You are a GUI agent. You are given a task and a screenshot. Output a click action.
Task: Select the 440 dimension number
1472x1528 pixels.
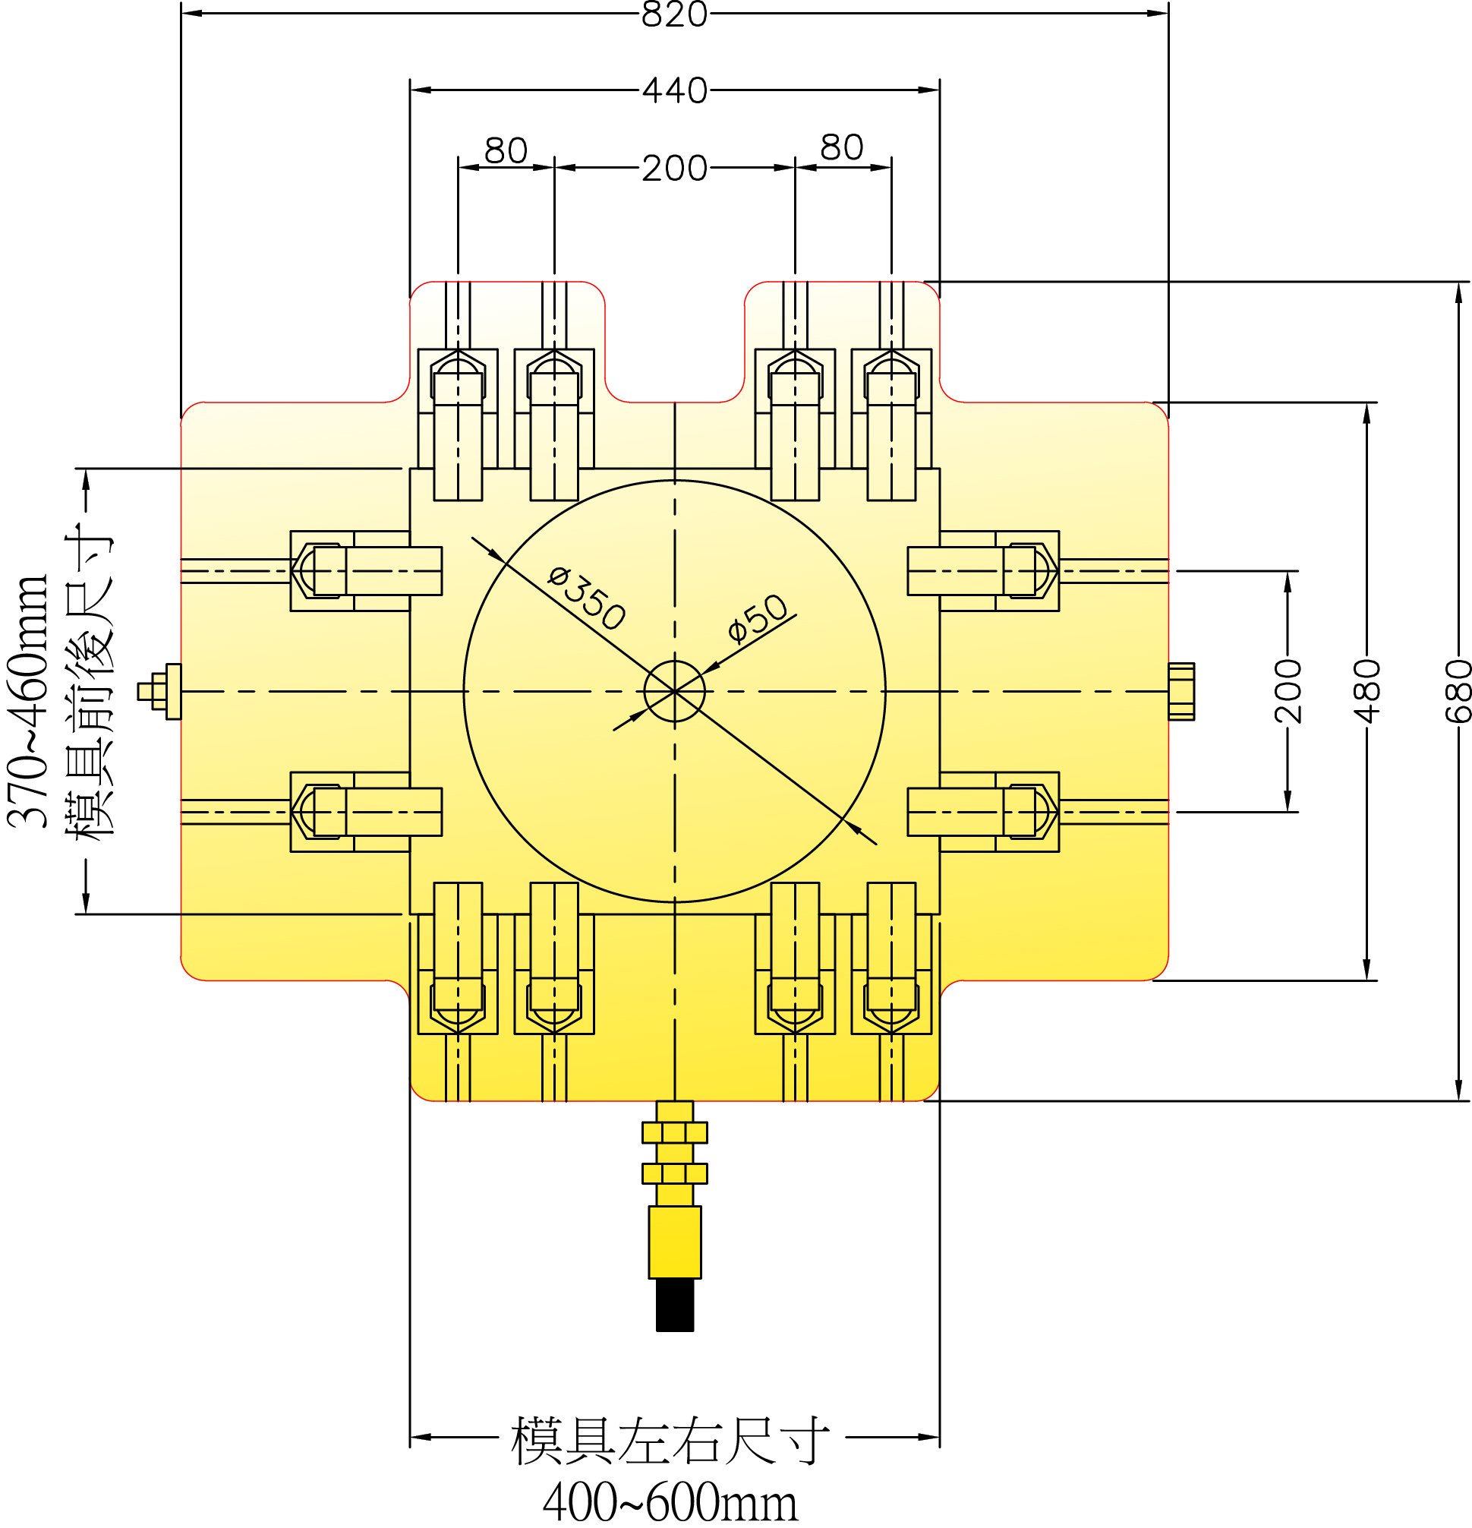tap(674, 91)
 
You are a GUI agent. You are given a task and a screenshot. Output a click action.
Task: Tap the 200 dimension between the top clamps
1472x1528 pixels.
tap(674, 169)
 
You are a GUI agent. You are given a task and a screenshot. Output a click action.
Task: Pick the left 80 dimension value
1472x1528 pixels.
tap(506, 150)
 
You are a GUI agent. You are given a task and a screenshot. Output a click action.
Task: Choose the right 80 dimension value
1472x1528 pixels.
tap(842, 147)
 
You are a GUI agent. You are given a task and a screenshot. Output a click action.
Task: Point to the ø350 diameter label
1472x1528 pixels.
tap(586, 598)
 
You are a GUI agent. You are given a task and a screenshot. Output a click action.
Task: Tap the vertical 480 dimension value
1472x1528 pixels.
tap(1366, 691)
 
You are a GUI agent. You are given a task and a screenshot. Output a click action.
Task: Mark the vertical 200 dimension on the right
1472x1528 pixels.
tap(1288, 691)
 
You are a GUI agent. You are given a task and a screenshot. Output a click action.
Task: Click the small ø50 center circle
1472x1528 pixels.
tap(674, 691)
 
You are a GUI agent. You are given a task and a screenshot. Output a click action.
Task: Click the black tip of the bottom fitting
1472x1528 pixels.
tap(674, 1305)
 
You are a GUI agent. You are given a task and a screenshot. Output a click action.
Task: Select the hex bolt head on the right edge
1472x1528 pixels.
tap(1180, 692)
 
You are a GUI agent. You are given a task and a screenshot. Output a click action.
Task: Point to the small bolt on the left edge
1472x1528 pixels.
tap(159, 692)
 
